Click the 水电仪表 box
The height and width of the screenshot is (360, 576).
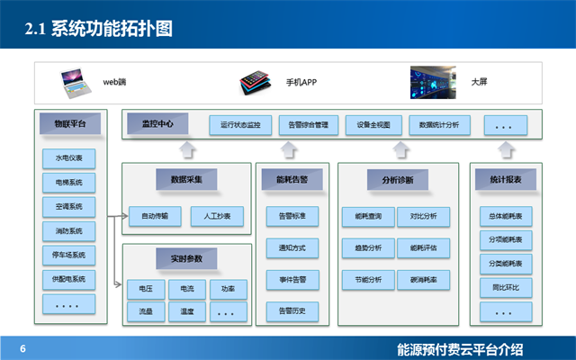tap(68, 157)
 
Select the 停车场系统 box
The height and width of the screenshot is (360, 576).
tap(68, 255)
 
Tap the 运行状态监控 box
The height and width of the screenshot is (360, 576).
tap(240, 125)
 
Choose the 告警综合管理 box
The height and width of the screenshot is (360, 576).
tap(303, 125)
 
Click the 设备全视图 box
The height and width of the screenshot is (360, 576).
tap(373, 125)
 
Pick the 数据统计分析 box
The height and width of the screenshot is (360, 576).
tap(439, 125)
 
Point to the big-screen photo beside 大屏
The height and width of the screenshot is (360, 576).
tap(433, 81)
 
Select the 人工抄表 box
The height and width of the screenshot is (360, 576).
tap(217, 216)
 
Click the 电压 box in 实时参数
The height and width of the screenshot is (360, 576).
tap(146, 289)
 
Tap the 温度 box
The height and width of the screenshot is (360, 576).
tap(187, 311)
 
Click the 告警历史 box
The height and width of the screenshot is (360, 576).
tap(292, 310)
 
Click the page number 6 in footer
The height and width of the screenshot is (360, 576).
tap(23, 349)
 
